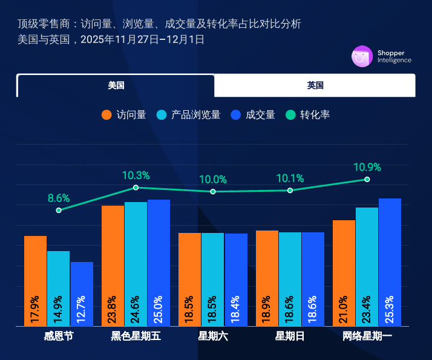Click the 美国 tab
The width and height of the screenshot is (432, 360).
(x=116, y=85)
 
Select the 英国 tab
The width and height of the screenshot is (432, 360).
(x=315, y=85)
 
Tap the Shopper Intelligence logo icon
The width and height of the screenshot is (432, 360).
(x=362, y=56)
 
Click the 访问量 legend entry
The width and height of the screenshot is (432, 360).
(x=124, y=115)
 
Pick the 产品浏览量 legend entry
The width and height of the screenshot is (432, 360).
(x=188, y=115)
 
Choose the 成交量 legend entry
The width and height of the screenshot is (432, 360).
(x=254, y=115)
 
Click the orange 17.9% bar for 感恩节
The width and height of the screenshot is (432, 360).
(x=35, y=281)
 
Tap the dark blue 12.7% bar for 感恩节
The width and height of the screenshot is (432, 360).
(x=82, y=294)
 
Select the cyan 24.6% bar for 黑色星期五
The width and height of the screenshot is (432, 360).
(x=136, y=264)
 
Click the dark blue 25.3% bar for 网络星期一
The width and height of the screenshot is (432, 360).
(x=390, y=263)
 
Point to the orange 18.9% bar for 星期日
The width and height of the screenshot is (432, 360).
(x=267, y=278)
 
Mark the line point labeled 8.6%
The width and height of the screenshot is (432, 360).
(x=59, y=210)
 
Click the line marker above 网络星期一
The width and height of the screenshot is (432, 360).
(x=367, y=179)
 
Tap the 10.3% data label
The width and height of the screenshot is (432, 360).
(x=136, y=175)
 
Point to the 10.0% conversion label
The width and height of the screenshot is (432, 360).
(x=213, y=180)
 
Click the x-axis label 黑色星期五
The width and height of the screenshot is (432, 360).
(x=136, y=336)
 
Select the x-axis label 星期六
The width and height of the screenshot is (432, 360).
(x=213, y=336)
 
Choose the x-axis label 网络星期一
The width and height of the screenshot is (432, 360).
(x=367, y=336)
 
